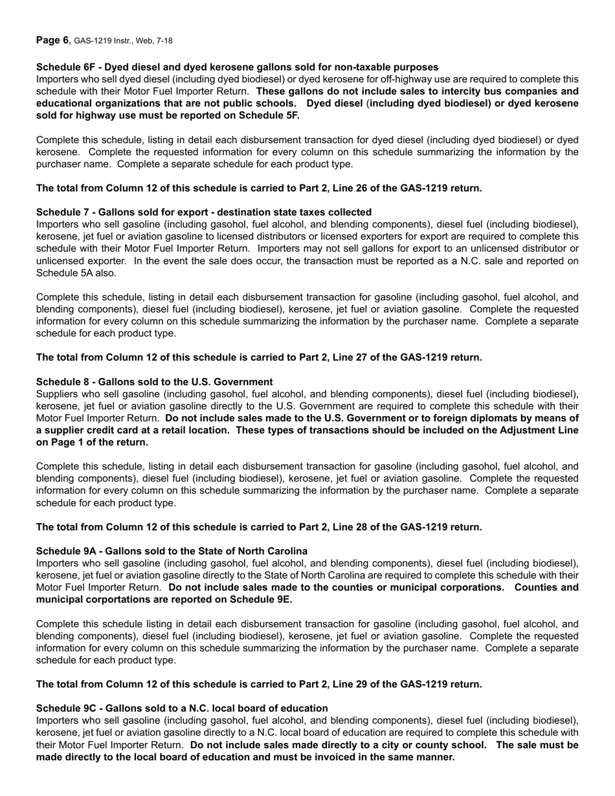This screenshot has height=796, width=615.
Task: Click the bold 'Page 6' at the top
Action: (x=52, y=40)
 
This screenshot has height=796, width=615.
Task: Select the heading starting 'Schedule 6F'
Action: (x=237, y=67)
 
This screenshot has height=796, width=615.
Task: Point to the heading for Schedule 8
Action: (x=154, y=382)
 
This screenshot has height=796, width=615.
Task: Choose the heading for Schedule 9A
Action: (x=172, y=551)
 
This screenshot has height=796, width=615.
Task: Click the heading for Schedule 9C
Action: (x=182, y=708)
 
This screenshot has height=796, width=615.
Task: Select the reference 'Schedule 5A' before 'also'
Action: (x=66, y=273)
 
